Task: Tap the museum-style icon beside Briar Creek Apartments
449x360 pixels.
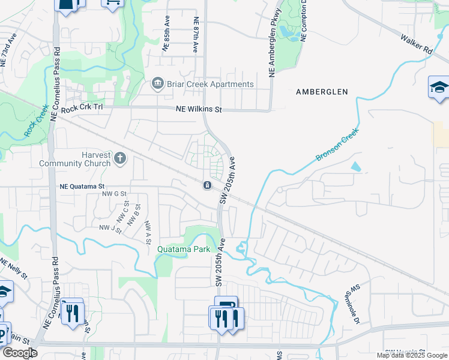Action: point(158,83)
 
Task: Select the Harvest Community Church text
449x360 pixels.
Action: point(75,158)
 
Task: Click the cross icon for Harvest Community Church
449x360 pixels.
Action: point(120,158)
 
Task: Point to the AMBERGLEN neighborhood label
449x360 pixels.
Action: point(322,92)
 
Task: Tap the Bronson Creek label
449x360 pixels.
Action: point(337,144)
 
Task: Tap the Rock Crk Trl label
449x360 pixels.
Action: point(82,107)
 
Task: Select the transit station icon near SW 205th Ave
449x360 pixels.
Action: point(206,185)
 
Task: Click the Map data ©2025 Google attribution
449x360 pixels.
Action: point(412,355)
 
